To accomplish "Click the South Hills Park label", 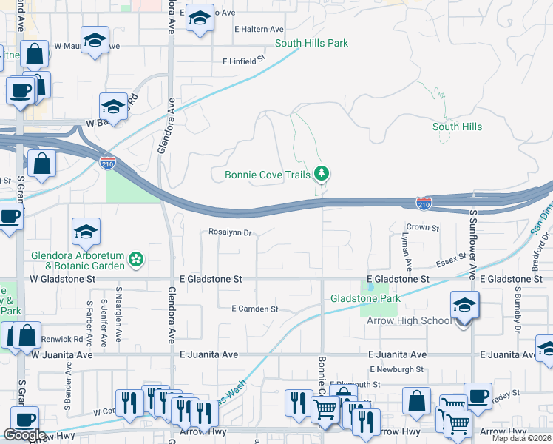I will coord(311,44).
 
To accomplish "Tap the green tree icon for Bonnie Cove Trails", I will coord(321,174).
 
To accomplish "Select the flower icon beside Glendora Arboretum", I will coord(135,259).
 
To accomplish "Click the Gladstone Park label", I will coord(365,298).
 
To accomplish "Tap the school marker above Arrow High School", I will coord(464,305).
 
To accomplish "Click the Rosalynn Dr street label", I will coord(230,232).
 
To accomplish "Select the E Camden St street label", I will coord(254,309).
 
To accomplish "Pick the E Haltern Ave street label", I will coord(259,29).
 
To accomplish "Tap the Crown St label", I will coord(424,228).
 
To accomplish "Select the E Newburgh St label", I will coord(398,369).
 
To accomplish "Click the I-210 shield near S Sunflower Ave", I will coord(424,201).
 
